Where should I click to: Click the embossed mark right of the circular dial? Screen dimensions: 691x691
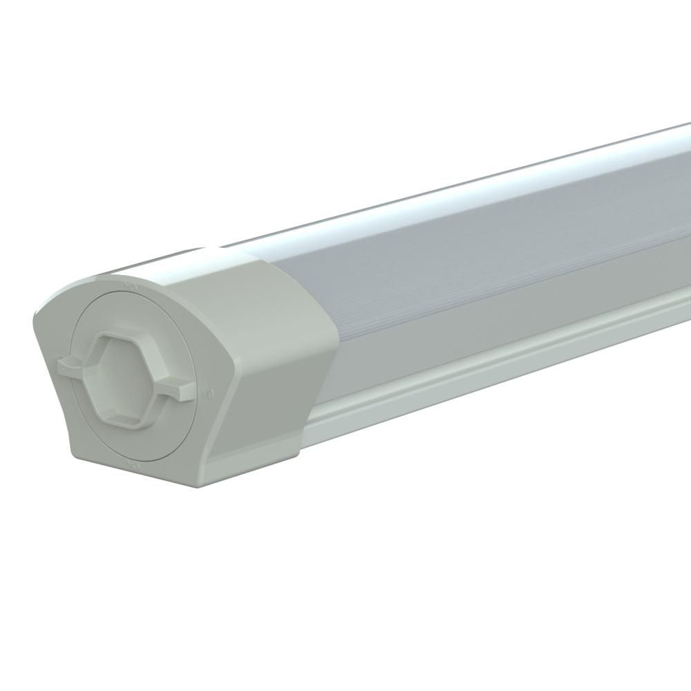tap(209, 392)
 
